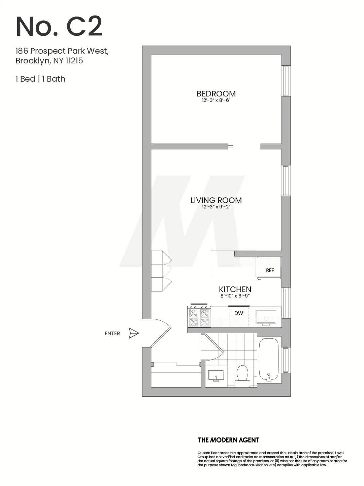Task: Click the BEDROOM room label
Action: click(x=216, y=93)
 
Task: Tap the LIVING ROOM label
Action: click(x=216, y=200)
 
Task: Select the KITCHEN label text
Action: click(x=235, y=289)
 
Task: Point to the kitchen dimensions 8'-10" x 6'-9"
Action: click(x=235, y=296)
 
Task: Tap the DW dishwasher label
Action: click(x=238, y=313)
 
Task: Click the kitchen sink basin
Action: click(x=266, y=317)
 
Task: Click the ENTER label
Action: click(x=112, y=334)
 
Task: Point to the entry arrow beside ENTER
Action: click(x=134, y=333)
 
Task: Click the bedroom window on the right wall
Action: click(x=286, y=81)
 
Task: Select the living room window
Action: click(x=286, y=180)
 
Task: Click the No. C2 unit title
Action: click(x=59, y=27)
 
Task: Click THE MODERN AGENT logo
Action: click(x=228, y=440)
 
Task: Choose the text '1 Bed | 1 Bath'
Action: click(x=40, y=79)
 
